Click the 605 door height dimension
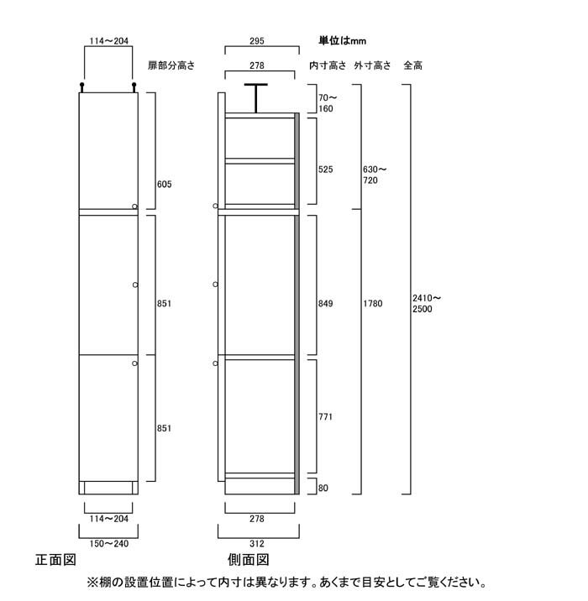click(164, 185)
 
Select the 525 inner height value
click(325, 170)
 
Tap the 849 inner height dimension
click(325, 304)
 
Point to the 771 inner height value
click(325, 416)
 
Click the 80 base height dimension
click(323, 488)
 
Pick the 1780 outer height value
click(372, 304)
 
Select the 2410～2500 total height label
click(427, 303)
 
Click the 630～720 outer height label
click(375, 175)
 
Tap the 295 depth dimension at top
click(256, 41)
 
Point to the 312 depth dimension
click(256, 544)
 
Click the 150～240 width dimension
click(109, 544)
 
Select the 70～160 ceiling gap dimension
click(328, 103)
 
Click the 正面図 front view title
click(55, 560)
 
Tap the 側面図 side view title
click(249, 560)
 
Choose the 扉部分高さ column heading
click(171, 65)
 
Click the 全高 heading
click(412, 65)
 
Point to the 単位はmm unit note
click(342, 40)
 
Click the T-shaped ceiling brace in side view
click(256, 98)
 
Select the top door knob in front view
click(134, 206)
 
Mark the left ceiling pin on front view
click(81, 87)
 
